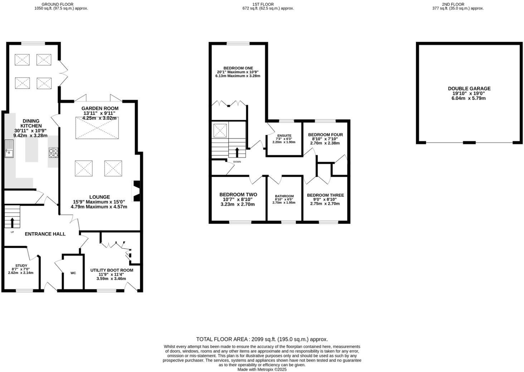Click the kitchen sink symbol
point(9,148)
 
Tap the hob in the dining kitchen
point(53,153)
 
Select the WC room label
point(73,273)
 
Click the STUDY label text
point(21,265)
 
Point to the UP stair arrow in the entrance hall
point(12,222)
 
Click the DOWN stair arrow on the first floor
point(237,152)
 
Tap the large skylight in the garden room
point(97,128)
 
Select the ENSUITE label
point(284,136)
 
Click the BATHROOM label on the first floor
point(284,196)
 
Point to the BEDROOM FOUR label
point(325,135)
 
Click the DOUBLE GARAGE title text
point(469,88)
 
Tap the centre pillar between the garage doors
point(469,143)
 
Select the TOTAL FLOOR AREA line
point(262,339)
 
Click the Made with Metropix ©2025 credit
point(262,369)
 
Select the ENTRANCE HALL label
point(45,234)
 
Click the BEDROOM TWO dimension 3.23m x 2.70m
point(238,204)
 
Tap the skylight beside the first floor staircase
point(220,130)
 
